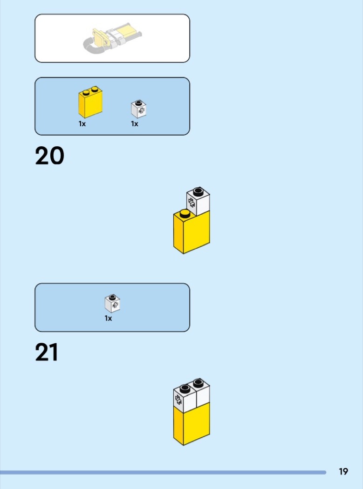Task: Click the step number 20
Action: click(50, 156)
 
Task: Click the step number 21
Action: click(47, 352)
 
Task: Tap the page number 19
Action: click(343, 471)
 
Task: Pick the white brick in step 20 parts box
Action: click(139, 109)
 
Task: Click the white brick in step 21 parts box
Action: click(113, 304)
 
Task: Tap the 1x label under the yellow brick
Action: click(82, 124)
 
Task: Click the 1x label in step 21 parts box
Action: click(108, 319)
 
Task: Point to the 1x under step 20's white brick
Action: click(135, 124)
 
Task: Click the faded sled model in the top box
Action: click(112, 38)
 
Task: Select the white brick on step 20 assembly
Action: click(198, 202)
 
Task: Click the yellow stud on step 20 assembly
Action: click(185, 213)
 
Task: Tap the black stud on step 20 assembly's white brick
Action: click(198, 191)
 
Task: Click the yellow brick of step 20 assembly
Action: click(192, 232)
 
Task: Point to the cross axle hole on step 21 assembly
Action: click(178, 400)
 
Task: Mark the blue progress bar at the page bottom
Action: click(163, 473)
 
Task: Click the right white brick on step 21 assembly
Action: click(202, 394)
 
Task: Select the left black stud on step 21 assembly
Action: click(185, 388)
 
